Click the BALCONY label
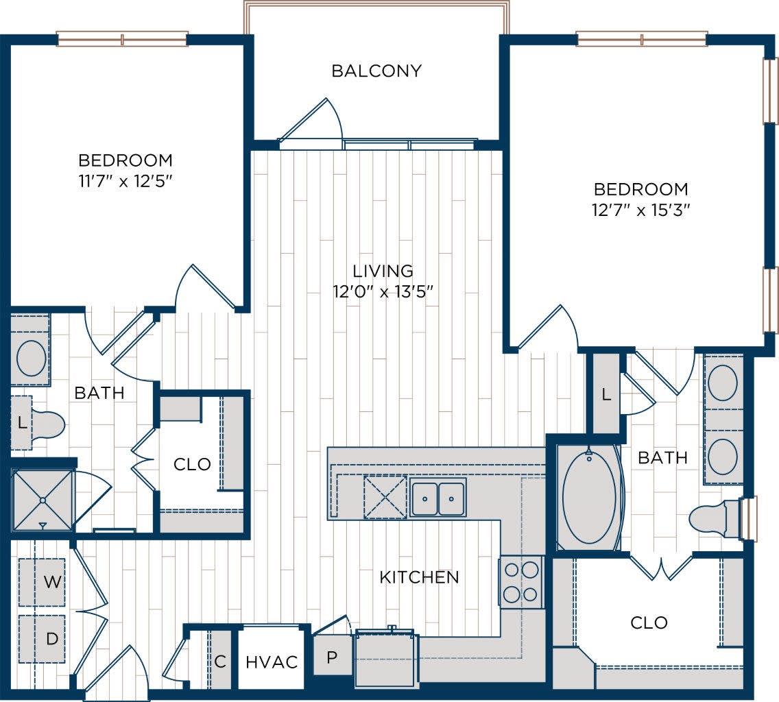tap(376, 71)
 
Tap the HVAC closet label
tap(272, 662)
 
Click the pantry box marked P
tap(332, 657)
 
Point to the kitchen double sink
tap(438, 497)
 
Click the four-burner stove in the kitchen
tap(521, 582)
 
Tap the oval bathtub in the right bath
tap(589, 497)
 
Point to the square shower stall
tap(43, 500)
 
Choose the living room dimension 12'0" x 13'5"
tap(383, 291)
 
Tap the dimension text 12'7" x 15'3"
tap(640, 210)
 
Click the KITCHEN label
tap(419, 577)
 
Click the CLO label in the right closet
tap(649, 622)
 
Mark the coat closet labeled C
tap(220, 662)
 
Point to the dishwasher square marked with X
tap(385, 497)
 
